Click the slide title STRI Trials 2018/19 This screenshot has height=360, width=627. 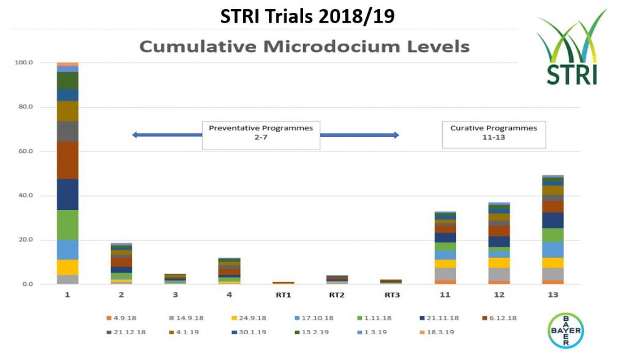307,17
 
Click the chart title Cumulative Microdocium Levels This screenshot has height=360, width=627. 304,47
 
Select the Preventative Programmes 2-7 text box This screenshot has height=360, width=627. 261,135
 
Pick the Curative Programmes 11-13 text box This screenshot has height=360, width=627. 494,135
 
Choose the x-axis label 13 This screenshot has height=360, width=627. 554,295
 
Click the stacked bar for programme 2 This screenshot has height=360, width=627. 121,264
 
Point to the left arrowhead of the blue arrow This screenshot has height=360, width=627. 135,135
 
